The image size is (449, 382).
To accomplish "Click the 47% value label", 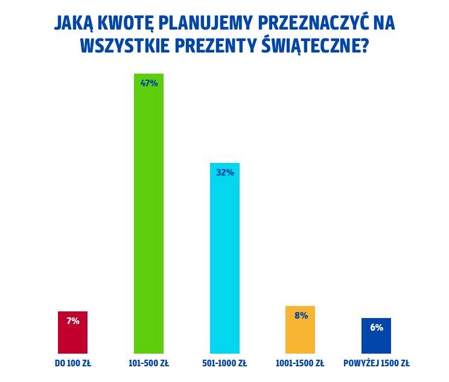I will [x=148, y=83].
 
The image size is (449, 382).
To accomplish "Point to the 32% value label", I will [x=224, y=173].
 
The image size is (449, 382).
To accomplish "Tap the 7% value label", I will [x=72, y=321].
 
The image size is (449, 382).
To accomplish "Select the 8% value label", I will [x=301, y=316].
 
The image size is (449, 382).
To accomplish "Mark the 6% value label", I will [x=376, y=328].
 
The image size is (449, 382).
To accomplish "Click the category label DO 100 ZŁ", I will [x=72, y=363].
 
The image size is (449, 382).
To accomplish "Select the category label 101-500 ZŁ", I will [x=148, y=363].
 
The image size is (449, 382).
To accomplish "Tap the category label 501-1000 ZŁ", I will [x=224, y=363].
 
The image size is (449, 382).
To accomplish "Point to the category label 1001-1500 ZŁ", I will [x=300, y=363].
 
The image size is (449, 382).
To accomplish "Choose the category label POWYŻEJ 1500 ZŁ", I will [x=376, y=363].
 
